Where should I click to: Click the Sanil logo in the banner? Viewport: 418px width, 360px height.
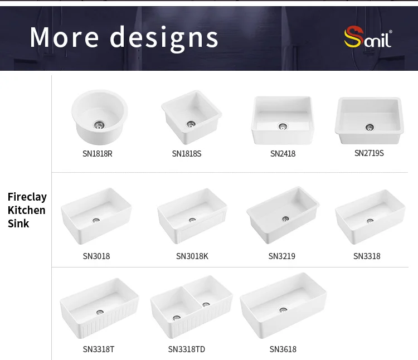pos(368,37)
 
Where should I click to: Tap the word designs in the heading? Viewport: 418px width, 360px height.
pos(164,38)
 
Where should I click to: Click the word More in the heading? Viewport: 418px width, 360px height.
pos(64,37)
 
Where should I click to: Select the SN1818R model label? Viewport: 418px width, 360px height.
pos(98,154)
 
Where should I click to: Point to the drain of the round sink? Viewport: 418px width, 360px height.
pos(99,125)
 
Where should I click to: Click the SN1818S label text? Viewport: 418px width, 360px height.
pos(187,154)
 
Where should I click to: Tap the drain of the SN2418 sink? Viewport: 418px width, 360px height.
pos(283,126)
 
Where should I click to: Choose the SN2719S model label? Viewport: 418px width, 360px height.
pos(369,153)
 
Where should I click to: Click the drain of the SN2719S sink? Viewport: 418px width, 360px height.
pos(370,128)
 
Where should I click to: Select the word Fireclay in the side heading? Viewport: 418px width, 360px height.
pos(27,197)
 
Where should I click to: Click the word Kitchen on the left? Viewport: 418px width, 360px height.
pos(26,210)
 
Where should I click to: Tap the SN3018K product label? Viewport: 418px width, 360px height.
pos(192,256)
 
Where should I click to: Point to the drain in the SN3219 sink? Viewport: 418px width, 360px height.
pos(285,219)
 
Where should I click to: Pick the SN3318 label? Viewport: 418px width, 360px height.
pos(367,256)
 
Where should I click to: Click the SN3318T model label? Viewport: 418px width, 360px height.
pos(98,349)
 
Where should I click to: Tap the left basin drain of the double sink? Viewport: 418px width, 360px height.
pos(177,318)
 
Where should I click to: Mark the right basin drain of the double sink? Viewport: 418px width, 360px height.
pos(206,304)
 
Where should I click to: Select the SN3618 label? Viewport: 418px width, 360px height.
pos(283,349)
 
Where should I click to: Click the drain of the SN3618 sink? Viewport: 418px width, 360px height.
pos(283,310)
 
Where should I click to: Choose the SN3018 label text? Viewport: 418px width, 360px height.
pos(96,256)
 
